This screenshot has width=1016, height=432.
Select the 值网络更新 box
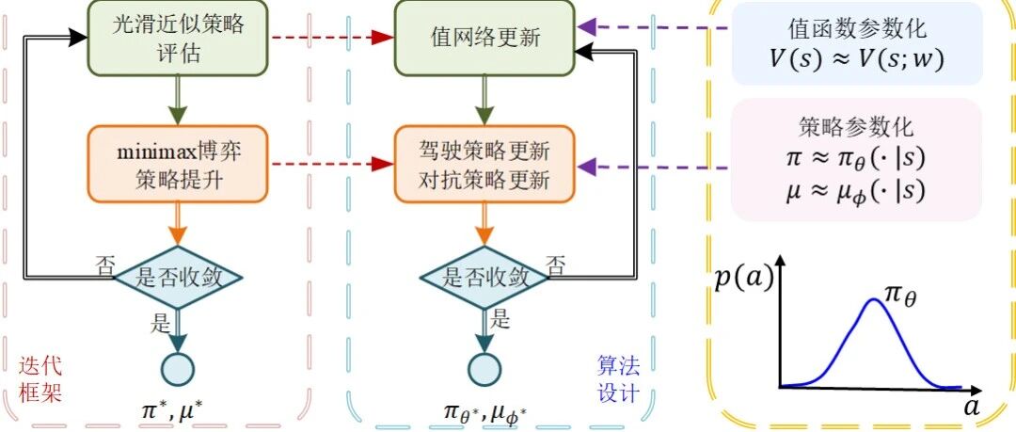click(x=484, y=38)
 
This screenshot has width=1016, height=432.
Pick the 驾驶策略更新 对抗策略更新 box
click(x=484, y=165)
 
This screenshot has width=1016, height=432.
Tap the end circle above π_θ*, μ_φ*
click(x=484, y=367)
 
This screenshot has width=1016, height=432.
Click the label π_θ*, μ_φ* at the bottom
click(x=484, y=411)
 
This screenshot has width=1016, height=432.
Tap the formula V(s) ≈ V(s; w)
click(x=856, y=58)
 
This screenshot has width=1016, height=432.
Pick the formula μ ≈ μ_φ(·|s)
click(x=856, y=193)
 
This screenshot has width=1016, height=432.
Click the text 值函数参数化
click(x=856, y=27)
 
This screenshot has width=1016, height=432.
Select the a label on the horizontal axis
click(x=970, y=408)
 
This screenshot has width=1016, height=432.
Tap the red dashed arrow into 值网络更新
click(x=329, y=38)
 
